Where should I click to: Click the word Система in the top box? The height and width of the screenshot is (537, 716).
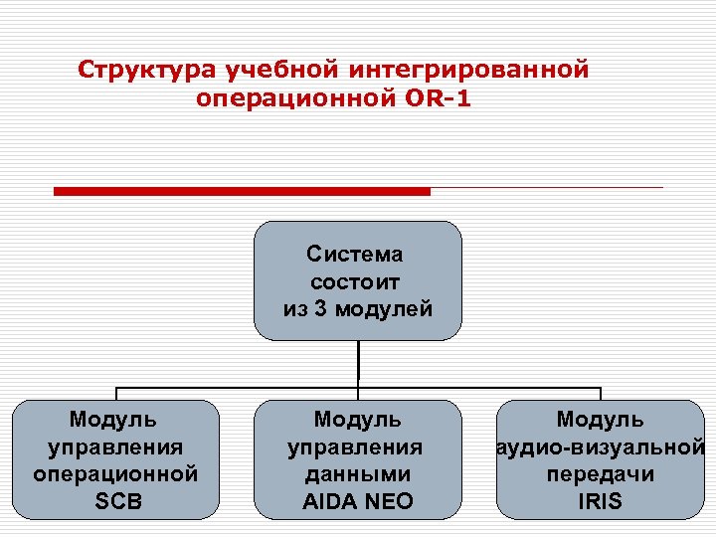(357, 255)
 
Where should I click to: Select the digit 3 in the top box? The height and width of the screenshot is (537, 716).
(319, 308)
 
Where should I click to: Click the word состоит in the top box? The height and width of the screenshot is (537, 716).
(357, 281)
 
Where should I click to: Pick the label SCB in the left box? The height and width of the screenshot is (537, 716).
(117, 501)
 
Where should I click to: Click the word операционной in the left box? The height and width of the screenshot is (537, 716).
(116, 474)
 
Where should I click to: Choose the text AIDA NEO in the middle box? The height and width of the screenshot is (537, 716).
(357, 501)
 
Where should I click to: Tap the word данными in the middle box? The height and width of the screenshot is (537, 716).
(357, 474)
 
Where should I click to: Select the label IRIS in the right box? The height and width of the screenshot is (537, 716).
(600, 501)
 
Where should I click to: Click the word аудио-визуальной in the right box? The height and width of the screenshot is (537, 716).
(601, 447)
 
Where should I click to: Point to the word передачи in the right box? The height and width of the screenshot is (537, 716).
(600, 474)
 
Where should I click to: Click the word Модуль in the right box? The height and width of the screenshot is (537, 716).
(600, 421)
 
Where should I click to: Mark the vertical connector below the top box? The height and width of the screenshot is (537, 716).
(358, 363)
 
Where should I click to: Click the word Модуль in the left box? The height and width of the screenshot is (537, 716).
(116, 421)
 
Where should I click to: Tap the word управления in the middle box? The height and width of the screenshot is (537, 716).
(357, 447)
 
